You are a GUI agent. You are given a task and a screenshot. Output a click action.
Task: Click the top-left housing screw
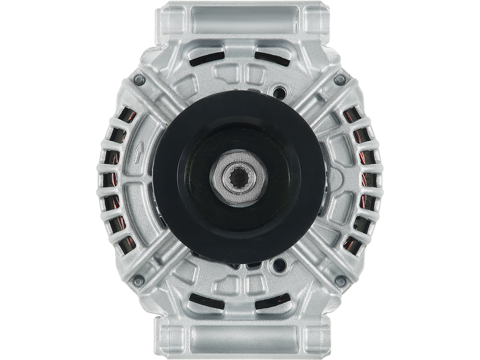[x=140, y=80]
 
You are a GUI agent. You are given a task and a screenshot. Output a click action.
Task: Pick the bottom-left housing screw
[x=140, y=280]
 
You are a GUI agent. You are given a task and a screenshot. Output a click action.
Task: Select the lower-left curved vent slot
[x=201, y=301]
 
